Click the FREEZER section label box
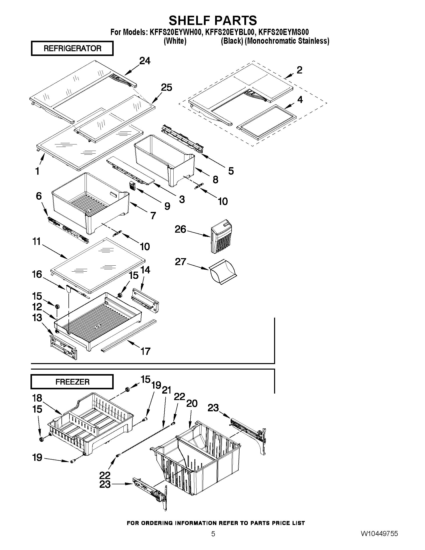coord(72,382)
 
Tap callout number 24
coord(145,61)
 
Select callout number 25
coord(166,88)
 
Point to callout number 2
coord(299,70)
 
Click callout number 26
coord(180,229)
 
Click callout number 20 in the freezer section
coord(192,404)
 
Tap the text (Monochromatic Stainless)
coord(287,41)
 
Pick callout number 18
coord(37,398)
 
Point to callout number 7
coord(153,216)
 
